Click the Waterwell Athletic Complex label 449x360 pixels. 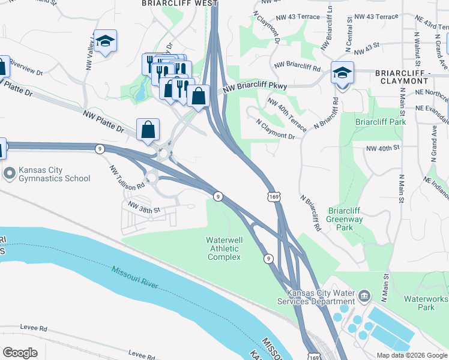click(x=224, y=248)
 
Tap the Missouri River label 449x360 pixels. click(x=134, y=277)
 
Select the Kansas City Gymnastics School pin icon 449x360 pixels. click(x=10, y=174)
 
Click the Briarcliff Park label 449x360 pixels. click(x=381, y=122)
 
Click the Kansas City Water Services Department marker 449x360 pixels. click(x=364, y=296)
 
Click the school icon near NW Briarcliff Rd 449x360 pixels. click(x=342, y=73)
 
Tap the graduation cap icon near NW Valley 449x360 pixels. click(x=105, y=41)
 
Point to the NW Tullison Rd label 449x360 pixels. click(x=126, y=178)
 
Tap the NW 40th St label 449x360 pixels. click(x=382, y=148)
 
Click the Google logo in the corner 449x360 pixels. click(x=20, y=353)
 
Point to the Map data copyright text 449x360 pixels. click(x=411, y=355)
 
